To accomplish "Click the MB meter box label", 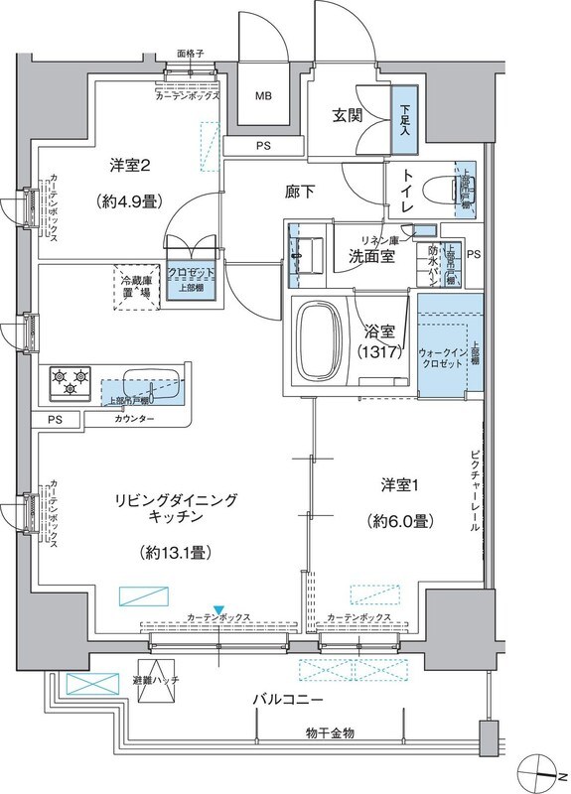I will [x=263, y=96].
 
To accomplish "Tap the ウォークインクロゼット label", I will [x=443, y=357].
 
